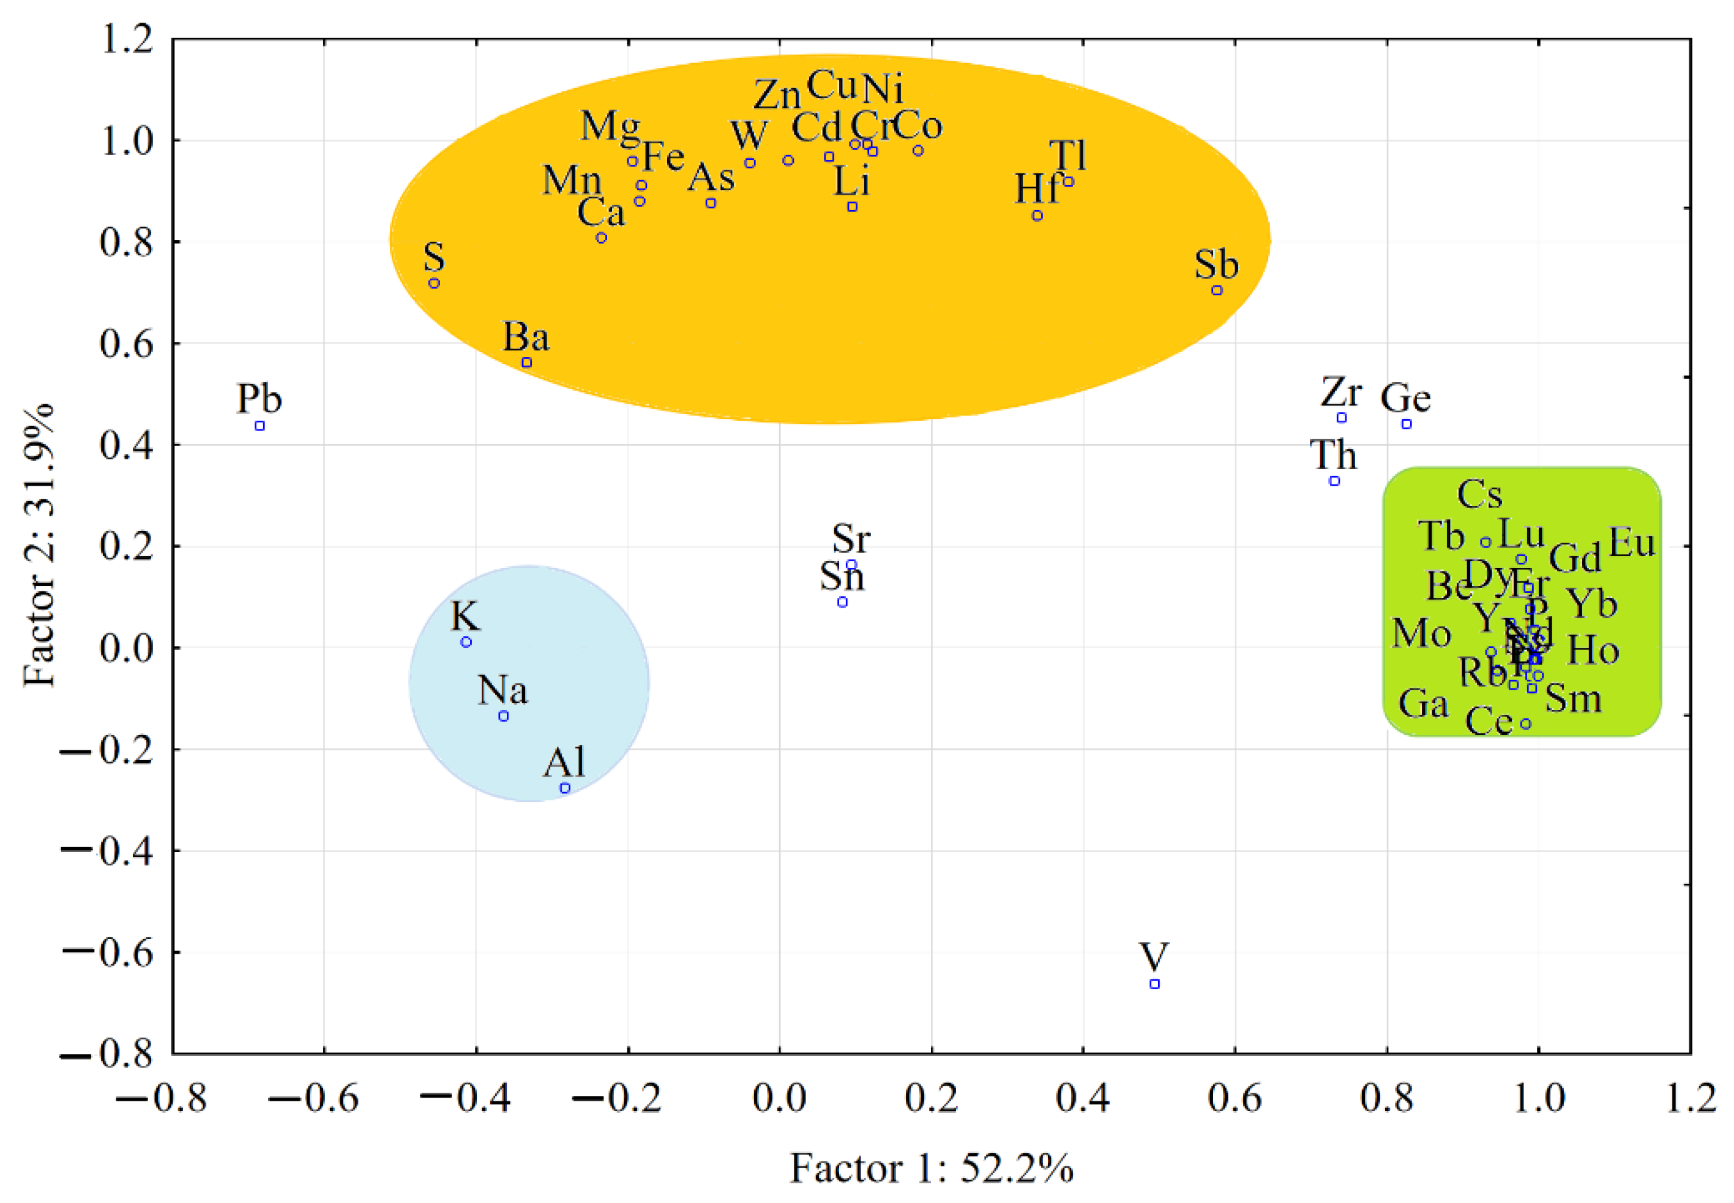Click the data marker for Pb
click(x=260, y=426)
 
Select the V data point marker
click(x=1155, y=984)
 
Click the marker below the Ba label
click(x=527, y=363)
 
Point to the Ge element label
click(x=1405, y=398)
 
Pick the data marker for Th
click(x=1334, y=481)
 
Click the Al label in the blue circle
click(x=564, y=762)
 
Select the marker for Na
click(x=504, y=716)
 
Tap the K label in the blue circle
click(x=465, y=616)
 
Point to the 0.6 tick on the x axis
click(x=1235, y=1098)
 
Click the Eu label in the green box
click(x=1632, y=542)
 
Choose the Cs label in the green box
click(x=1479, y=494)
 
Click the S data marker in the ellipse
click(x=434, y=284)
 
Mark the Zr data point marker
click(x=1342, y=418)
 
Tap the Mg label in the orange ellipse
click(x=610, y=126)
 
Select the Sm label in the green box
click(x=1573, y=698)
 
